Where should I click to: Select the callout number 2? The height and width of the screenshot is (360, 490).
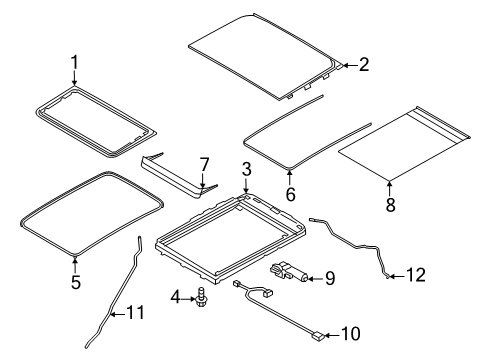coord(364,66)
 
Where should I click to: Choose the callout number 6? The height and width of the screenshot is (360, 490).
coord(290,194)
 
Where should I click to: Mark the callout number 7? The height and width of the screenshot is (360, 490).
coord(203,162)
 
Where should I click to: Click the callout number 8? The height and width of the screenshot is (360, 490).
coord(389,205)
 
